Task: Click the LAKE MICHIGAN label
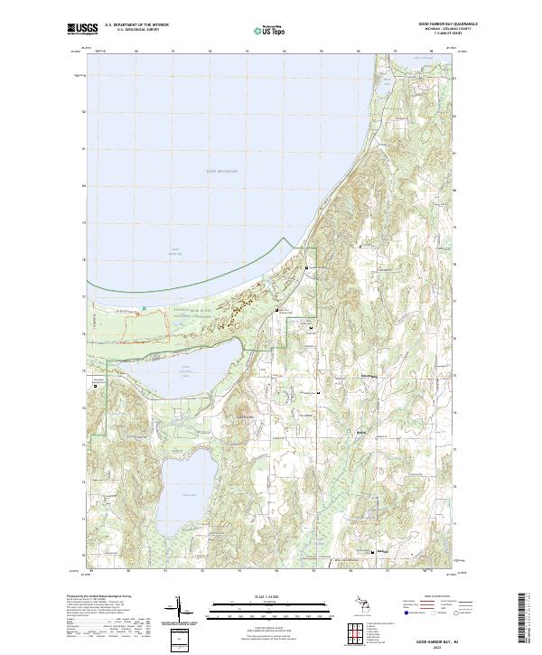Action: click(x=220, y=169)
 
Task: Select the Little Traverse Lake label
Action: click(x=186, y=371)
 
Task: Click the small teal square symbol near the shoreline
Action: click(x=144, y=309)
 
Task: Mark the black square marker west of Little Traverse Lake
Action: click(x=95, y=385)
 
